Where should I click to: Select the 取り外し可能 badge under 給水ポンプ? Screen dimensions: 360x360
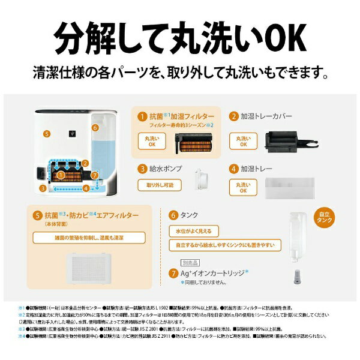click(x=158, y=186)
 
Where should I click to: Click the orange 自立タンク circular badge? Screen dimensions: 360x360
click(x=324, y=217)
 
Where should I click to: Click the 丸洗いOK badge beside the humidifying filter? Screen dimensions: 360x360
click(x=152, y=142)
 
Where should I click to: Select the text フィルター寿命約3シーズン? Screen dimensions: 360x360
click(x=181, y=126)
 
